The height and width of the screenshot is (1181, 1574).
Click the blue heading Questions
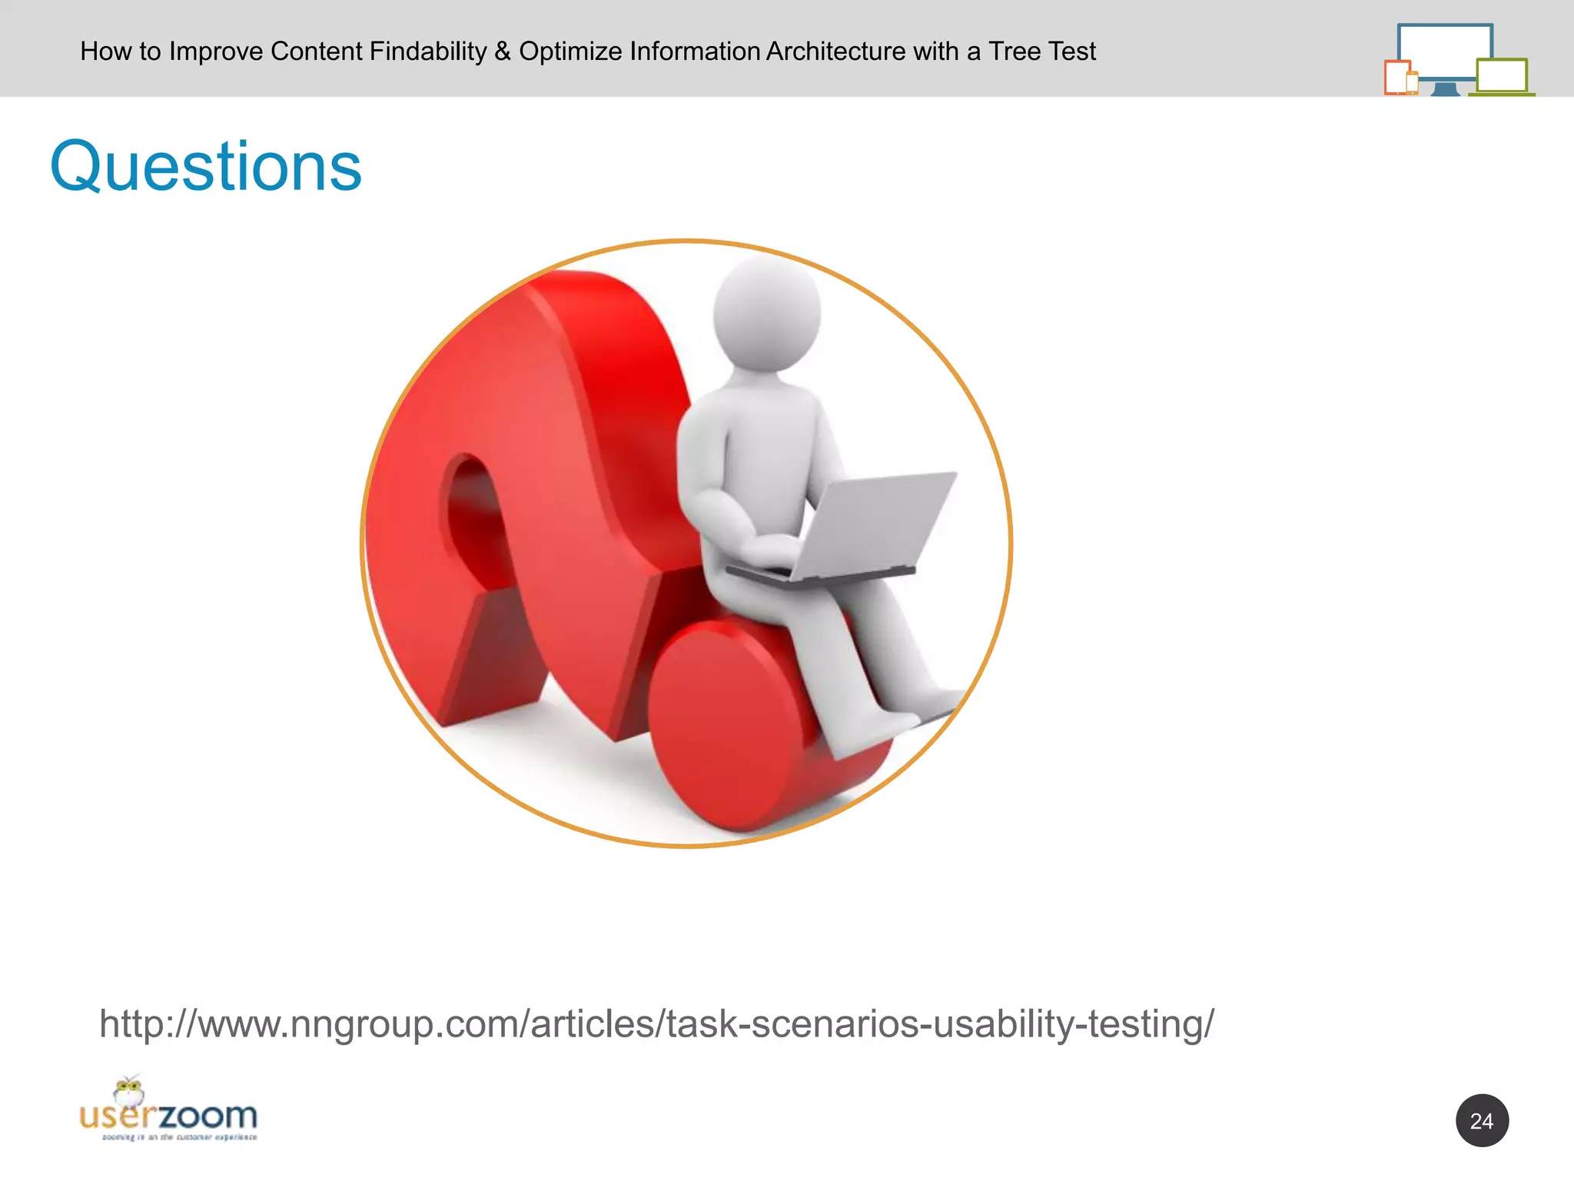coord(206,167)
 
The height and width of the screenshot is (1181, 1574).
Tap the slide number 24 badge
coord(1481,1120)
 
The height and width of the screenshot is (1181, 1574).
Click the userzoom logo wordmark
coord(169,1116)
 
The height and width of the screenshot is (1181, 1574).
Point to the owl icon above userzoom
coord(128,1091)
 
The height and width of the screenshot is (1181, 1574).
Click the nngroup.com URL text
coord(656,1023)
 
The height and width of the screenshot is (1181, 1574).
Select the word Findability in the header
coord(428,52)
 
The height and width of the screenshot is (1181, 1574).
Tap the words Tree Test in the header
coord(1041,52)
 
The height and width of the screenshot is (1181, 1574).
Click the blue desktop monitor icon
coord(1444,51)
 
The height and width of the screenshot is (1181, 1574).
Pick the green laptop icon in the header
coord(1502,77)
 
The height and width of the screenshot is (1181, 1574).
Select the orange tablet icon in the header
coord(1397,77)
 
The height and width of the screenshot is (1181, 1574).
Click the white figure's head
coord(766,314)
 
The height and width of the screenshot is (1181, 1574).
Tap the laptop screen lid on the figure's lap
coord(876,523)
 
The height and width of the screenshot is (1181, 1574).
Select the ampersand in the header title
coord(503,52)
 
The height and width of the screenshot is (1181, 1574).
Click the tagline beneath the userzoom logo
coord(180,1137)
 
